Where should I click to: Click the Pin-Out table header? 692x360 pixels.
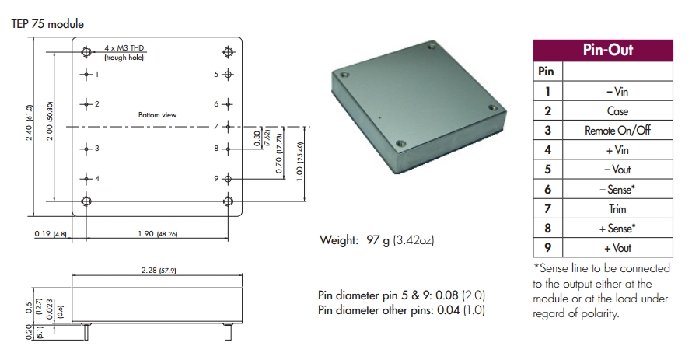coord(608,51)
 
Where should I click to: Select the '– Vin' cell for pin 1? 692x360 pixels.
coord(617,91)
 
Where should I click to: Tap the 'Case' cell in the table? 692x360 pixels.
coord(617,111)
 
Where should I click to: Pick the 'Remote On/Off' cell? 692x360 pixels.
coord(617,131)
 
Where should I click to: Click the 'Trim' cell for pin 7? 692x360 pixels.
coord(617,209)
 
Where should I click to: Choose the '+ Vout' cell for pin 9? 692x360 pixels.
coord(617,248)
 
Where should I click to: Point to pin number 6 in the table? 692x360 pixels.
coord(547,190)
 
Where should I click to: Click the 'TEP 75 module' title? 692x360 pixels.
coord(47,23)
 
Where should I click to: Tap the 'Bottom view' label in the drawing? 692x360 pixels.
coord(157,115)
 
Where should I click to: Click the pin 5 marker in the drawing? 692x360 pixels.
coord(228,75)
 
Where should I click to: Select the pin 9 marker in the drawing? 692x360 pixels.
coord(228,179)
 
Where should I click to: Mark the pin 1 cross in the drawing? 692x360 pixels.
coord(86,75)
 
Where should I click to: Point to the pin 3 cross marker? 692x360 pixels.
coord(86,148)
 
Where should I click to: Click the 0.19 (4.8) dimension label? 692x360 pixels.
coord(52,232)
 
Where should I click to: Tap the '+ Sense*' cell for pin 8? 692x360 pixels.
coord(617,229)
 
